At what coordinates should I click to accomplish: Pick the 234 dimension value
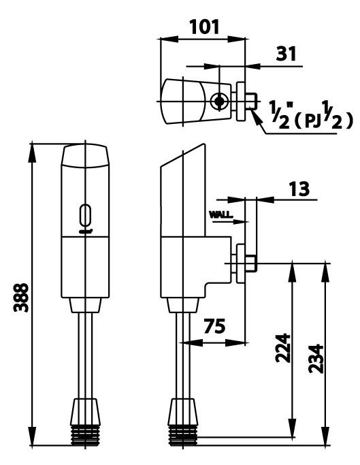click(x=315, y=354)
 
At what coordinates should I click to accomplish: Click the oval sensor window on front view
click(x=86, y=215)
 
